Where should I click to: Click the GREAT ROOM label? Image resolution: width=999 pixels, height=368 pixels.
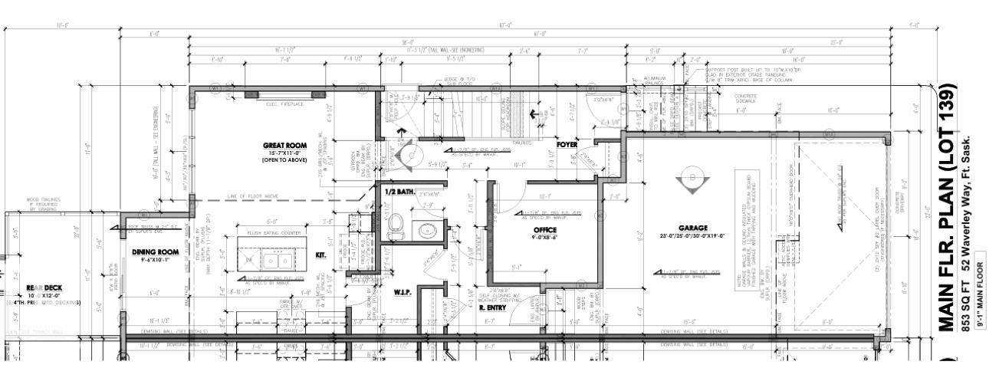284,145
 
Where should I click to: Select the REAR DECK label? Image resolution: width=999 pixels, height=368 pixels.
44,288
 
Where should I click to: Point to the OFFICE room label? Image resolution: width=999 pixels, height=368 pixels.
545,230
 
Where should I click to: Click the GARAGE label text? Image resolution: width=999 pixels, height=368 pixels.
692,228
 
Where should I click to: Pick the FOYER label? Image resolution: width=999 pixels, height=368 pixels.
567,143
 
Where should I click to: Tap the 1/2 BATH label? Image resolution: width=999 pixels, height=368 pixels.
399,191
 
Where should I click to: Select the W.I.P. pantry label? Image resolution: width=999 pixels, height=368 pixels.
403,291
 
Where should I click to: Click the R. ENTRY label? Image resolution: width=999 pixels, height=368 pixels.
491,307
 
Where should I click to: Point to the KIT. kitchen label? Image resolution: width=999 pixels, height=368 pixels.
321,255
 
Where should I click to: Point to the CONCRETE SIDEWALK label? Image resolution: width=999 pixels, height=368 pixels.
745,98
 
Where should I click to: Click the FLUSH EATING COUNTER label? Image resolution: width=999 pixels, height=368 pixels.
274,232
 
